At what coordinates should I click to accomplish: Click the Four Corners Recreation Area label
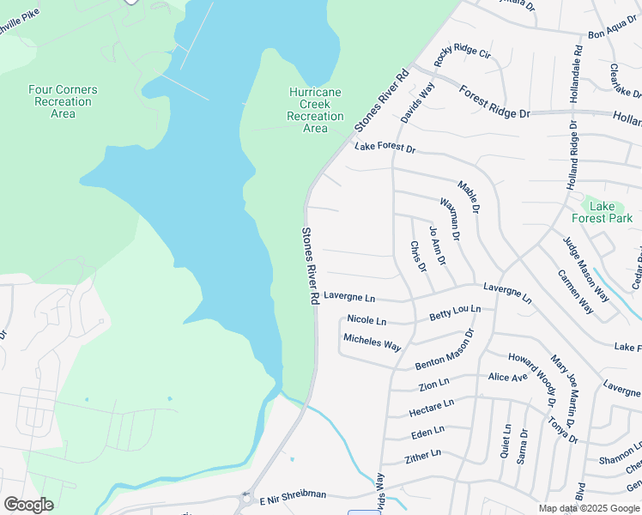63,101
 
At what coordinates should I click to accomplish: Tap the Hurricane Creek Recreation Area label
315,110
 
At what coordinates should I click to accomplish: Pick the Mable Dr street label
469,197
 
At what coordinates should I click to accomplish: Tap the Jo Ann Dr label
438,245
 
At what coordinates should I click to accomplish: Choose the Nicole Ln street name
366,319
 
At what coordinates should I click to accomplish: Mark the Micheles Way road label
372,342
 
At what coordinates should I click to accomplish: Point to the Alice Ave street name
507,377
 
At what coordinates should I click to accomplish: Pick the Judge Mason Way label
586,269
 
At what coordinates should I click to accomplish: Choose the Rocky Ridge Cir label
462,58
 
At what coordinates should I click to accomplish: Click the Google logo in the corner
28,505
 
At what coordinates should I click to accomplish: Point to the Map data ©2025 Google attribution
588,508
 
